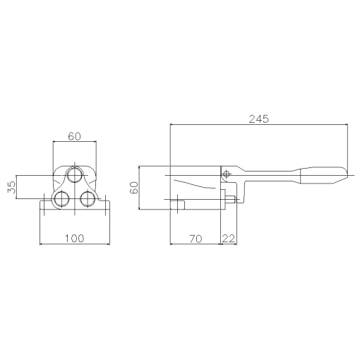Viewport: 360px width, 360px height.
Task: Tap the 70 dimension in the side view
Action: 196,239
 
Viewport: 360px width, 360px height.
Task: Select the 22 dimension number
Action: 229,239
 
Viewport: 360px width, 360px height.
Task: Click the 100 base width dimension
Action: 74,239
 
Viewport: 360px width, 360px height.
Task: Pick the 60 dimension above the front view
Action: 76,136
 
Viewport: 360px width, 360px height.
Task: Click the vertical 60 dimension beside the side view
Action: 133,187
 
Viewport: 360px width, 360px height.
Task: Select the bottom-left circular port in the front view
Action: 61,198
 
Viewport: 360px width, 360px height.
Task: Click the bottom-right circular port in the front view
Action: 88,198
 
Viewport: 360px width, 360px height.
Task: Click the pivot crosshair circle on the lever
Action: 227,174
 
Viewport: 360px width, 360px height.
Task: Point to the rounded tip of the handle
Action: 345,174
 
